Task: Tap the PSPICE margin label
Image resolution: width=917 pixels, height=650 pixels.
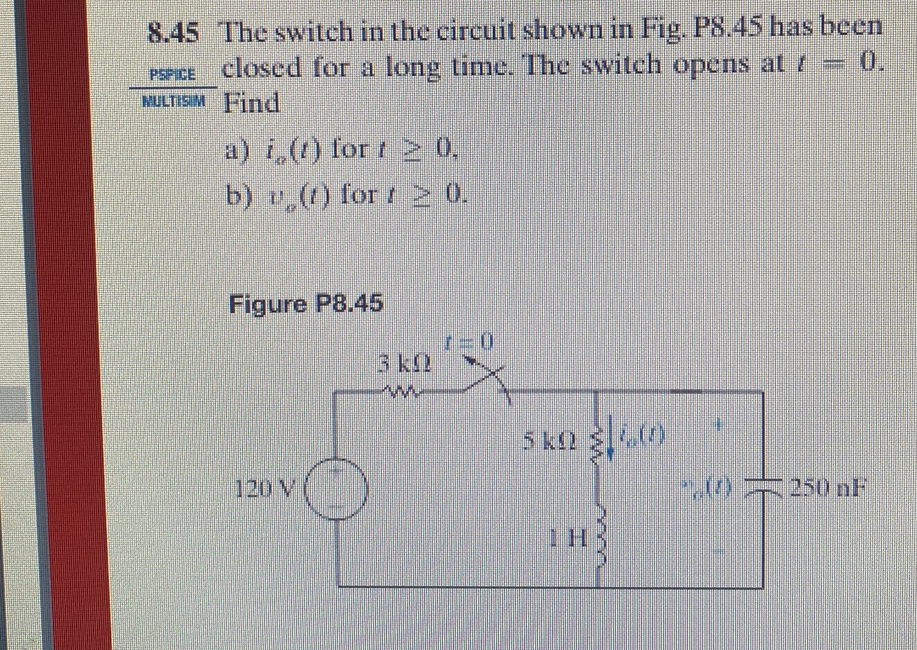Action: (x=173, y=75)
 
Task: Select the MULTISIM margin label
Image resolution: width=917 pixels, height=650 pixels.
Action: (x=173, y=101)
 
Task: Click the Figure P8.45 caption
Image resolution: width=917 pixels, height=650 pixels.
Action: (x=306, y=303)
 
